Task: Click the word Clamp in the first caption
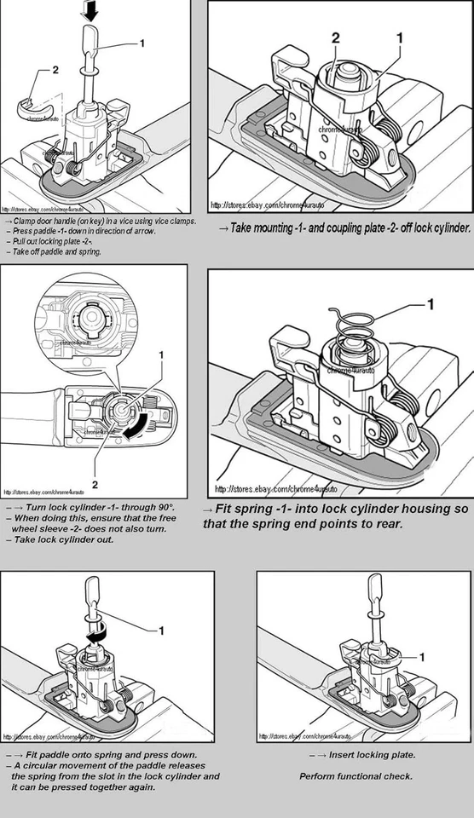click(x=24, y=221)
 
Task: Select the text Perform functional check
click(x=355, y=776)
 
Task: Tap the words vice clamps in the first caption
click(x=176, y=221)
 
